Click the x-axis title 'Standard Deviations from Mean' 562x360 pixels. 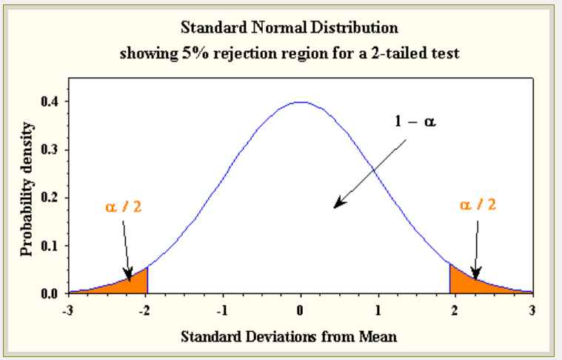[290, 336]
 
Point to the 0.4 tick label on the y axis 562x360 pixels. [51, 101]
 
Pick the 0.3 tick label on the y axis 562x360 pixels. [51, 150]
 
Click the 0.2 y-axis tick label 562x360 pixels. [51, 198]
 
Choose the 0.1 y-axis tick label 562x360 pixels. [51, 246]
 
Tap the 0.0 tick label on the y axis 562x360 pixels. [51, 293]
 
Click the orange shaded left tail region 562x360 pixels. [133, 283]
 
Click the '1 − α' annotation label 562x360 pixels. [415, 121]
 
